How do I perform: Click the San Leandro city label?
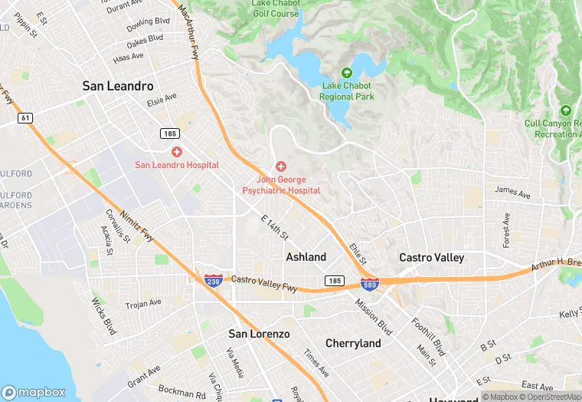(x=118, y=87)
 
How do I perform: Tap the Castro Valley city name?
(x=431, y=258)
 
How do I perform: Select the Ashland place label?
(x=306, y=257)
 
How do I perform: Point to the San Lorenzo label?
(x=260, y=334)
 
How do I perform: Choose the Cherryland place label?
(x=353, y=344)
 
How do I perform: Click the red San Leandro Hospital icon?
(x=177, y=152)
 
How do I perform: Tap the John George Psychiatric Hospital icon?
(x=281, y=166)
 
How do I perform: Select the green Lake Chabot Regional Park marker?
(x=347, y=73)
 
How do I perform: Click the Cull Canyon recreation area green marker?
(x=566, y=110)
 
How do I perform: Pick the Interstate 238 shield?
(x=214, y=282)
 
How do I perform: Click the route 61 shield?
(x=26, y=117)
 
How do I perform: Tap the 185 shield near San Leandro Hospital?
(x=169, y=133)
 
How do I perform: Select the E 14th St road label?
(x=274, y=228)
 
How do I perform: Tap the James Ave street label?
(x=512, y=192)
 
